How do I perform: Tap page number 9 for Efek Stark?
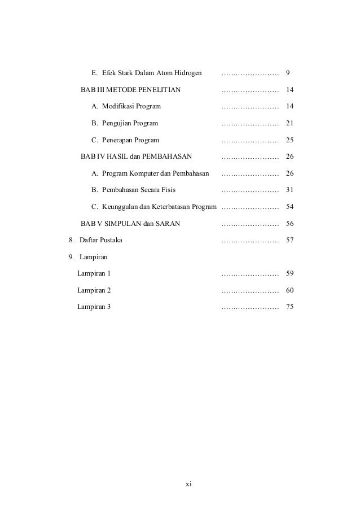click(x=288, y=73)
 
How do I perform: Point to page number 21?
click(x=290, y=123)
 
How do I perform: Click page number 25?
click(x=290, y=140)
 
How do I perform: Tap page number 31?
click(x=290, y=190)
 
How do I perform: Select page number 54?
click(x=290, y=207)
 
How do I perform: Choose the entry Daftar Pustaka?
click(x=100, y=240)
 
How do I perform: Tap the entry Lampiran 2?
click(x=94, y=290)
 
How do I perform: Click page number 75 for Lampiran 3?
click(x=290, y=307)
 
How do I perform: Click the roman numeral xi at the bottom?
click(x=189, y=484)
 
